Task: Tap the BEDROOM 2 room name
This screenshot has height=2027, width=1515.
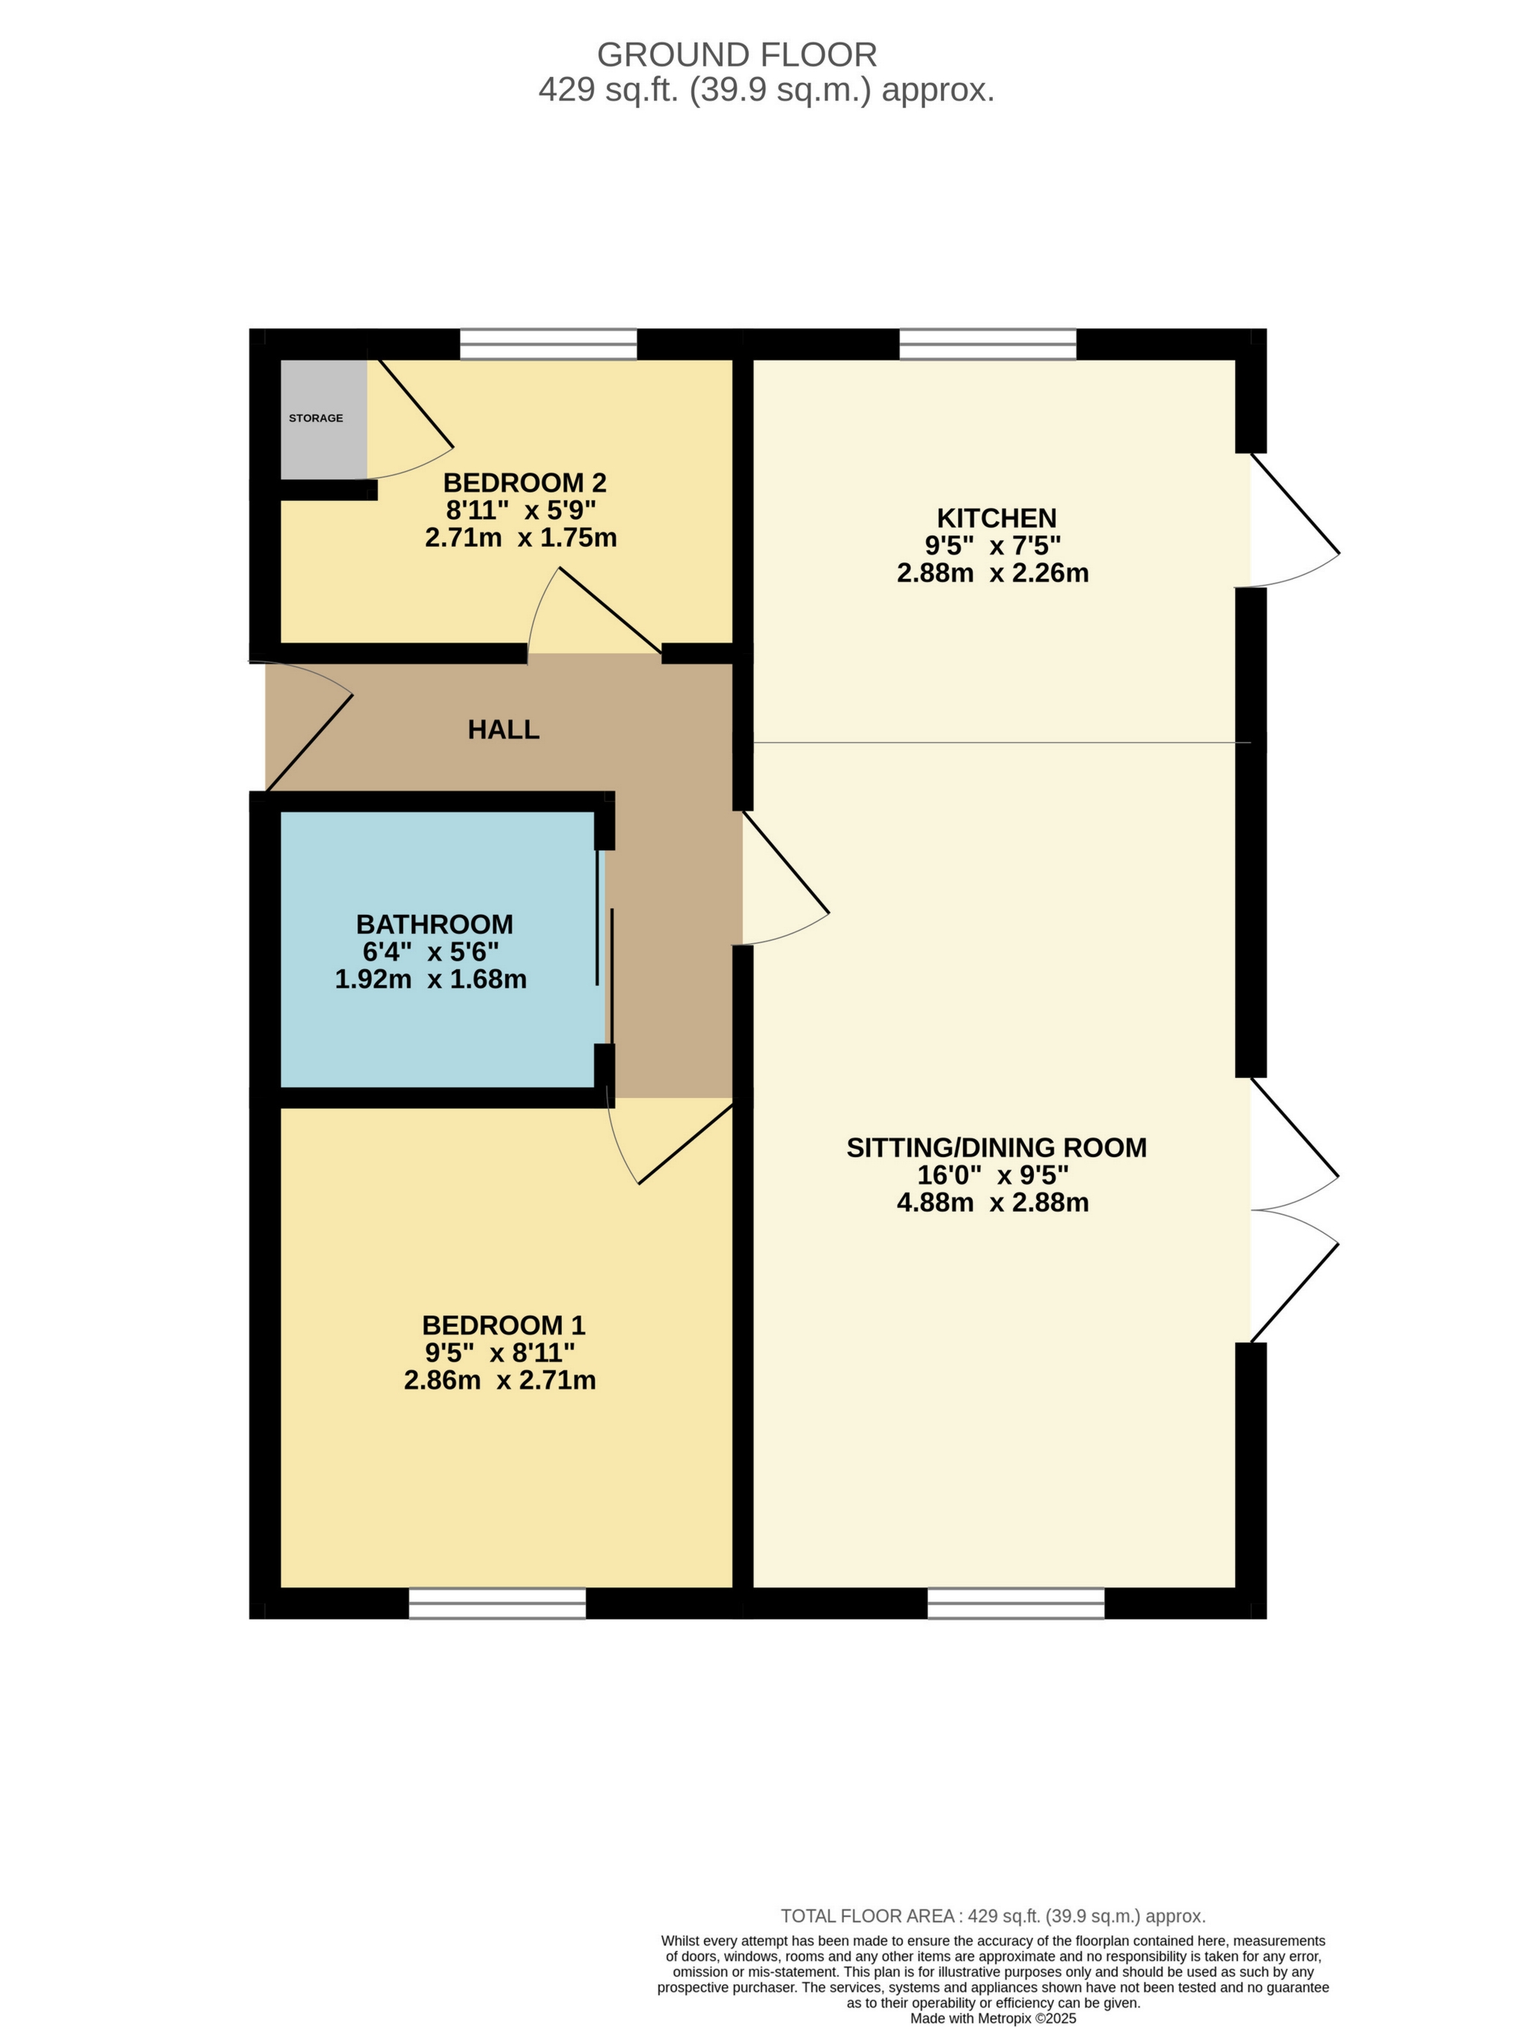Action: [x=524, y=483]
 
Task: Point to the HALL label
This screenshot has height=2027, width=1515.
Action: [x=504, y=729]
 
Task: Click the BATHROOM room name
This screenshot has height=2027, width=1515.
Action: [x=435, y=924]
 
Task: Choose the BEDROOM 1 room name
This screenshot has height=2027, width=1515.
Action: [x=504, y=1325]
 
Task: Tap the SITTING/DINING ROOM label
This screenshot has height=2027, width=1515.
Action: [x=997, y=1147]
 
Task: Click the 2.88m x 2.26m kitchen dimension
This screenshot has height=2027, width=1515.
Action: [x=993, y=574]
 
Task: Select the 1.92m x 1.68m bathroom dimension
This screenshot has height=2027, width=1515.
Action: [x=431, y=980]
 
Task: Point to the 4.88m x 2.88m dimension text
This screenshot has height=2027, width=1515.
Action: [x=993, y=1202]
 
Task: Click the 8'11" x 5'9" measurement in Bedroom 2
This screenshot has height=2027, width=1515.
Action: [x=521, y=510]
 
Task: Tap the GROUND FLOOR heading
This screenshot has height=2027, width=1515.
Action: [x=737, y=55]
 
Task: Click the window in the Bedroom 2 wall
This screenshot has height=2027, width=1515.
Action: [x=548, y=345]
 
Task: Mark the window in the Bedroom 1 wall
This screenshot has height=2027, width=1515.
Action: [x=497, y=1603]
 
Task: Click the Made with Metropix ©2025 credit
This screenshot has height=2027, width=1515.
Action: [x=993, y=2018]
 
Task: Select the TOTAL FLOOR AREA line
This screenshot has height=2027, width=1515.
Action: [x=993, y=1916]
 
